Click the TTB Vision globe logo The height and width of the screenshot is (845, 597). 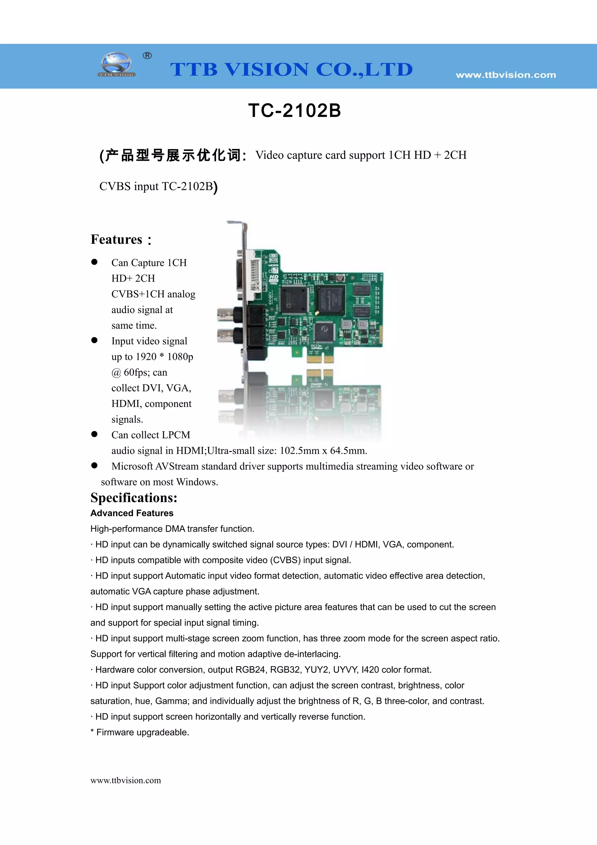tap(116, 65)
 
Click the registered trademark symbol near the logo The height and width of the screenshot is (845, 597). tap(147, 56)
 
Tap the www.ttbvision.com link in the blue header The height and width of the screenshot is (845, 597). tap(506, 75)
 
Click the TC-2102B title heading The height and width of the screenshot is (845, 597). tap(295, 111)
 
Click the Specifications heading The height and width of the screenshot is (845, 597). tap(134, 497)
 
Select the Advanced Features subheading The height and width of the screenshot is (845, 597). tap(132, 513)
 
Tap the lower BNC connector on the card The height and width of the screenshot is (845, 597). tap(225, 336)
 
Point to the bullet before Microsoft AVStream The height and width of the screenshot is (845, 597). tap(94, 466)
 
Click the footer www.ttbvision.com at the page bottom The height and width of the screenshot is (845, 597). tap(126, 780)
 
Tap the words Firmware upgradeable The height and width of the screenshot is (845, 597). tap(143, 732)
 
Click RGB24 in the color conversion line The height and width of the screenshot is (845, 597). tap(250, 670)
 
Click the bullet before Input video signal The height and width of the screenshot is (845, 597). tap(94, 341)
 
